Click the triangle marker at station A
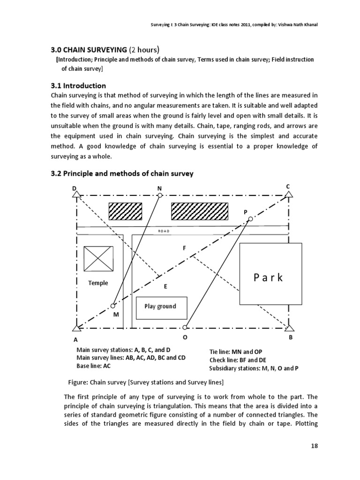(76, 328)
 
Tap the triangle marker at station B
(289, 328)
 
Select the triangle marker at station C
(289, 195)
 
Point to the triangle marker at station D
(76, 195)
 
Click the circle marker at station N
(160, 195)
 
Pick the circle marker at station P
(250, 219)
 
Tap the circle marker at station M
(113, 306)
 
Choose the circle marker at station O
(185, 328)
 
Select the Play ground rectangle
(161, 307)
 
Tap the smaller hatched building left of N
(125, 211)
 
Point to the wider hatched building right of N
(200, 211)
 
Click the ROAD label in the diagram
(163, 231)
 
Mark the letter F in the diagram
(185, 247)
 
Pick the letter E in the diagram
(165, 286)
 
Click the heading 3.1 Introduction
(78, 86)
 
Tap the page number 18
(315, 446)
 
